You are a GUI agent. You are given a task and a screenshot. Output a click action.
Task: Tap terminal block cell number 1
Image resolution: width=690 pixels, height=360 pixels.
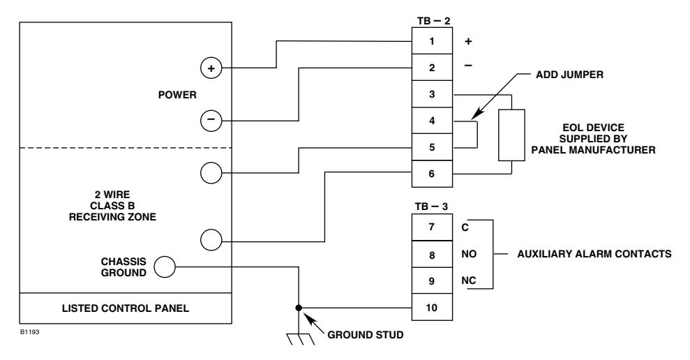point(432,41)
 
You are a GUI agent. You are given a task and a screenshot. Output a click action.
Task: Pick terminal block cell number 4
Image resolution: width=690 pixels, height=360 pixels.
point(432,121)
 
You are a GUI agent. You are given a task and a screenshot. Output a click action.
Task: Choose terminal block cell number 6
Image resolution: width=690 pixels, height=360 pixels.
point(432,174)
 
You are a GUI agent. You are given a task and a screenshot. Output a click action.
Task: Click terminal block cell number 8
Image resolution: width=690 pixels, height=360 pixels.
point(432,255)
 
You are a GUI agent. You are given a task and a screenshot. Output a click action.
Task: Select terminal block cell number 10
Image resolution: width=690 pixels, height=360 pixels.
point(432,307)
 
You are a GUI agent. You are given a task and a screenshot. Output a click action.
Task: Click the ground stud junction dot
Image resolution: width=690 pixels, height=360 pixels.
point(299,308)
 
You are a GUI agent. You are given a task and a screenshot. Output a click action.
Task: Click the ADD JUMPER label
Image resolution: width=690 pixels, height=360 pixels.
point(569,75)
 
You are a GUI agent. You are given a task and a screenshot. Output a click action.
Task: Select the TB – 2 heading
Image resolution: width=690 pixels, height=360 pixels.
point(434,21)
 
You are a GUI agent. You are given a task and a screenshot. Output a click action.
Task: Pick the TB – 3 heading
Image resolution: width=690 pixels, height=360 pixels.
point(431,207)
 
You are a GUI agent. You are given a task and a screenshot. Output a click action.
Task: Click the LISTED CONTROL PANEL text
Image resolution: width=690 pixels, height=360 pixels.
point(126,308)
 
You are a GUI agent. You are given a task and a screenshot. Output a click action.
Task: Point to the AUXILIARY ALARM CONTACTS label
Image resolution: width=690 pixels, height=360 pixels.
point(594,254)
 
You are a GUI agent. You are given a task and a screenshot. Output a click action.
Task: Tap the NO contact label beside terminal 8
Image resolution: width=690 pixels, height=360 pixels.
point(469,254)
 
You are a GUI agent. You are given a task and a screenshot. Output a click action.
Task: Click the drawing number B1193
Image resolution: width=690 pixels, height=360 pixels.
point(29,332)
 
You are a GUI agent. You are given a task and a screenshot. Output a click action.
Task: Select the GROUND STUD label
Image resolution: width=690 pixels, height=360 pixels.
point(366,335)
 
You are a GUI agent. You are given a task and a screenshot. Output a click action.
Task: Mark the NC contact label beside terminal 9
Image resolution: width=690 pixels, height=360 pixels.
point(469,280)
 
